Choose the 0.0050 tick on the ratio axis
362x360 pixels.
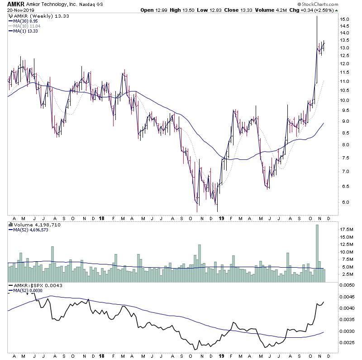347,285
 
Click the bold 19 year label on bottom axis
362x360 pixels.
221,356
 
